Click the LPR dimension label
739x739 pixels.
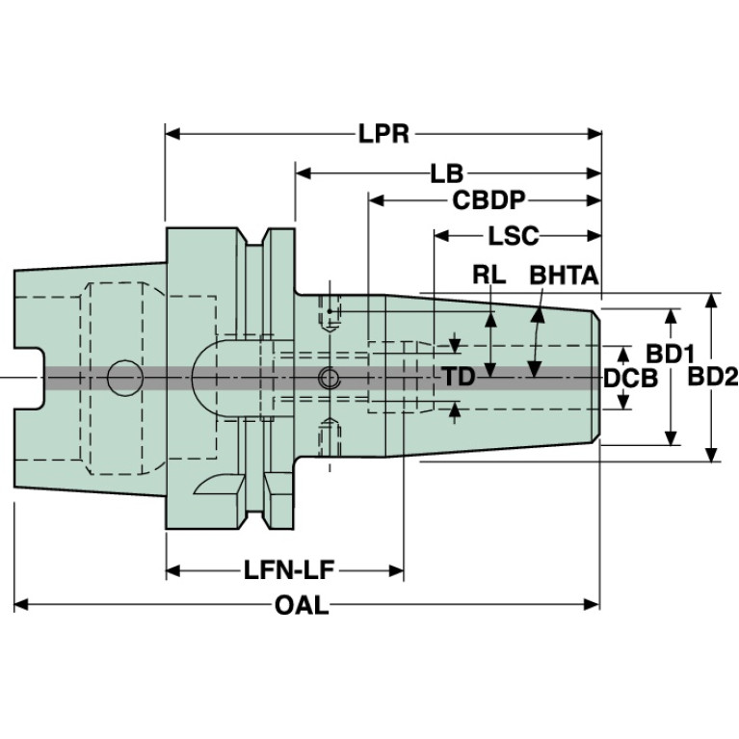pos(384,133)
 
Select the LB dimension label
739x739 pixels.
pos(447,173)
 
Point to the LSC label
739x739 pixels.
pos(513,236)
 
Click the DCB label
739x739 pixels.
pos(630,378)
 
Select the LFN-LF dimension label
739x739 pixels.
pos(287,570)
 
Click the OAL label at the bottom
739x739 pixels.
pos(302,605)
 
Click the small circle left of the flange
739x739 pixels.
pos(123,377)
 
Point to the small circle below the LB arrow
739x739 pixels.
pos(329,377)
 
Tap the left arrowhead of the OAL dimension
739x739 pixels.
pos(22,605)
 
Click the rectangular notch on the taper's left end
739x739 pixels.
pos(31,377)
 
